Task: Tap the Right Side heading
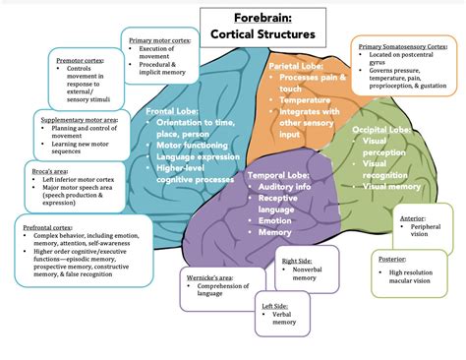295,261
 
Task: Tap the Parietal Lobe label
296,65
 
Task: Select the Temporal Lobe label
282,175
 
